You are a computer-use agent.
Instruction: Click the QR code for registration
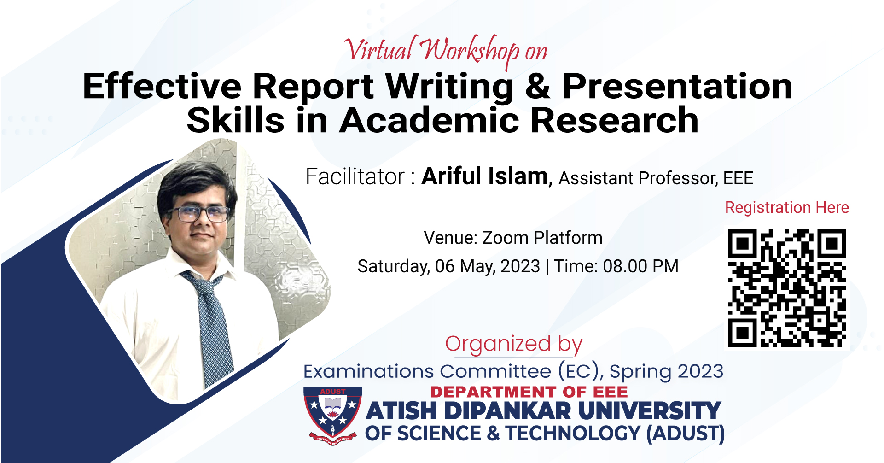[x=787, y=288]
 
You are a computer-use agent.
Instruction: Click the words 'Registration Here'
[x=787, y=208]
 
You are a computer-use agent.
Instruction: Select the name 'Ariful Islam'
[x=485, y=176]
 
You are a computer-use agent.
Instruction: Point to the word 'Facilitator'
[x=355, y=176]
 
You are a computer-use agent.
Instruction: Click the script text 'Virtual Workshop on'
[x=446, y=51]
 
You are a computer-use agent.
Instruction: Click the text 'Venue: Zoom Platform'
[x=513, y=238]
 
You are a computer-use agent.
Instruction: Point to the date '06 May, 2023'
[x=488, y=267]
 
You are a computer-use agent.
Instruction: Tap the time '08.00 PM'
[x=640, y=266]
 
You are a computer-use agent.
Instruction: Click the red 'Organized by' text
[x=514, y=345]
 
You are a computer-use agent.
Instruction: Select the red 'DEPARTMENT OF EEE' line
[x=529, y=392]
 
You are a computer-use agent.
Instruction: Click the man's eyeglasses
[x=199, y=213]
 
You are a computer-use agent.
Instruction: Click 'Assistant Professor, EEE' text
[x=656, y=178]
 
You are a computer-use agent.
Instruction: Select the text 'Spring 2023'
[x=666, y=372]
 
